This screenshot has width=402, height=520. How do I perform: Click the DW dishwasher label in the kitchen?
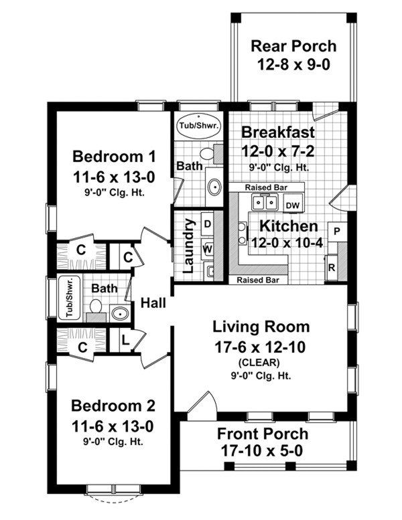(x=292, y=205)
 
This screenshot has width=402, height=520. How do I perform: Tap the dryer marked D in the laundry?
(x=208, y=224)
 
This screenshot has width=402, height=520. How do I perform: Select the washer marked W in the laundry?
(x=208, y=249)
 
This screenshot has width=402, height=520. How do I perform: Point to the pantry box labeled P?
(x=337, y=232)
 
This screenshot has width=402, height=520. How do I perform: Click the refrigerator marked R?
(x=331, y=268)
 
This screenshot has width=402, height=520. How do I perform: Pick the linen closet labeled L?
(x=125, y=339)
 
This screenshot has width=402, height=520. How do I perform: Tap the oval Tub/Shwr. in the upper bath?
(x=198, y=126)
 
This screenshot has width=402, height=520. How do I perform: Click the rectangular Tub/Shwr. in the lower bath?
(x=69, y=297)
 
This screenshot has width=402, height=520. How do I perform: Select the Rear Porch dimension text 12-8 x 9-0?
(x=293, y=65)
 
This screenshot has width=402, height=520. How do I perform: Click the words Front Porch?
(x=263, y=434)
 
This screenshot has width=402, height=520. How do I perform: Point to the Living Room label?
(x=261, y=327)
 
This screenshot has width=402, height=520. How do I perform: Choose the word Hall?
(x=153, y=302)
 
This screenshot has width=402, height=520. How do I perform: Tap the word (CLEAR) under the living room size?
(x=259, y=363)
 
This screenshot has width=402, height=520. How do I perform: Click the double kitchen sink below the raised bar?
(x=265, y=202)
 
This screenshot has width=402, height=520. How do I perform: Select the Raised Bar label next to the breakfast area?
(x=266, y=187)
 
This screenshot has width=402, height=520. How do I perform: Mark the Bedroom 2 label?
(x=113, y=406)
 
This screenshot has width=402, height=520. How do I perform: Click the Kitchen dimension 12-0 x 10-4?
(x=287, y=243)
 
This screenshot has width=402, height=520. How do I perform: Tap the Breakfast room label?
(x=277, y=132)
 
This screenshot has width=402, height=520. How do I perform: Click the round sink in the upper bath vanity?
(x=214, y=187)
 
